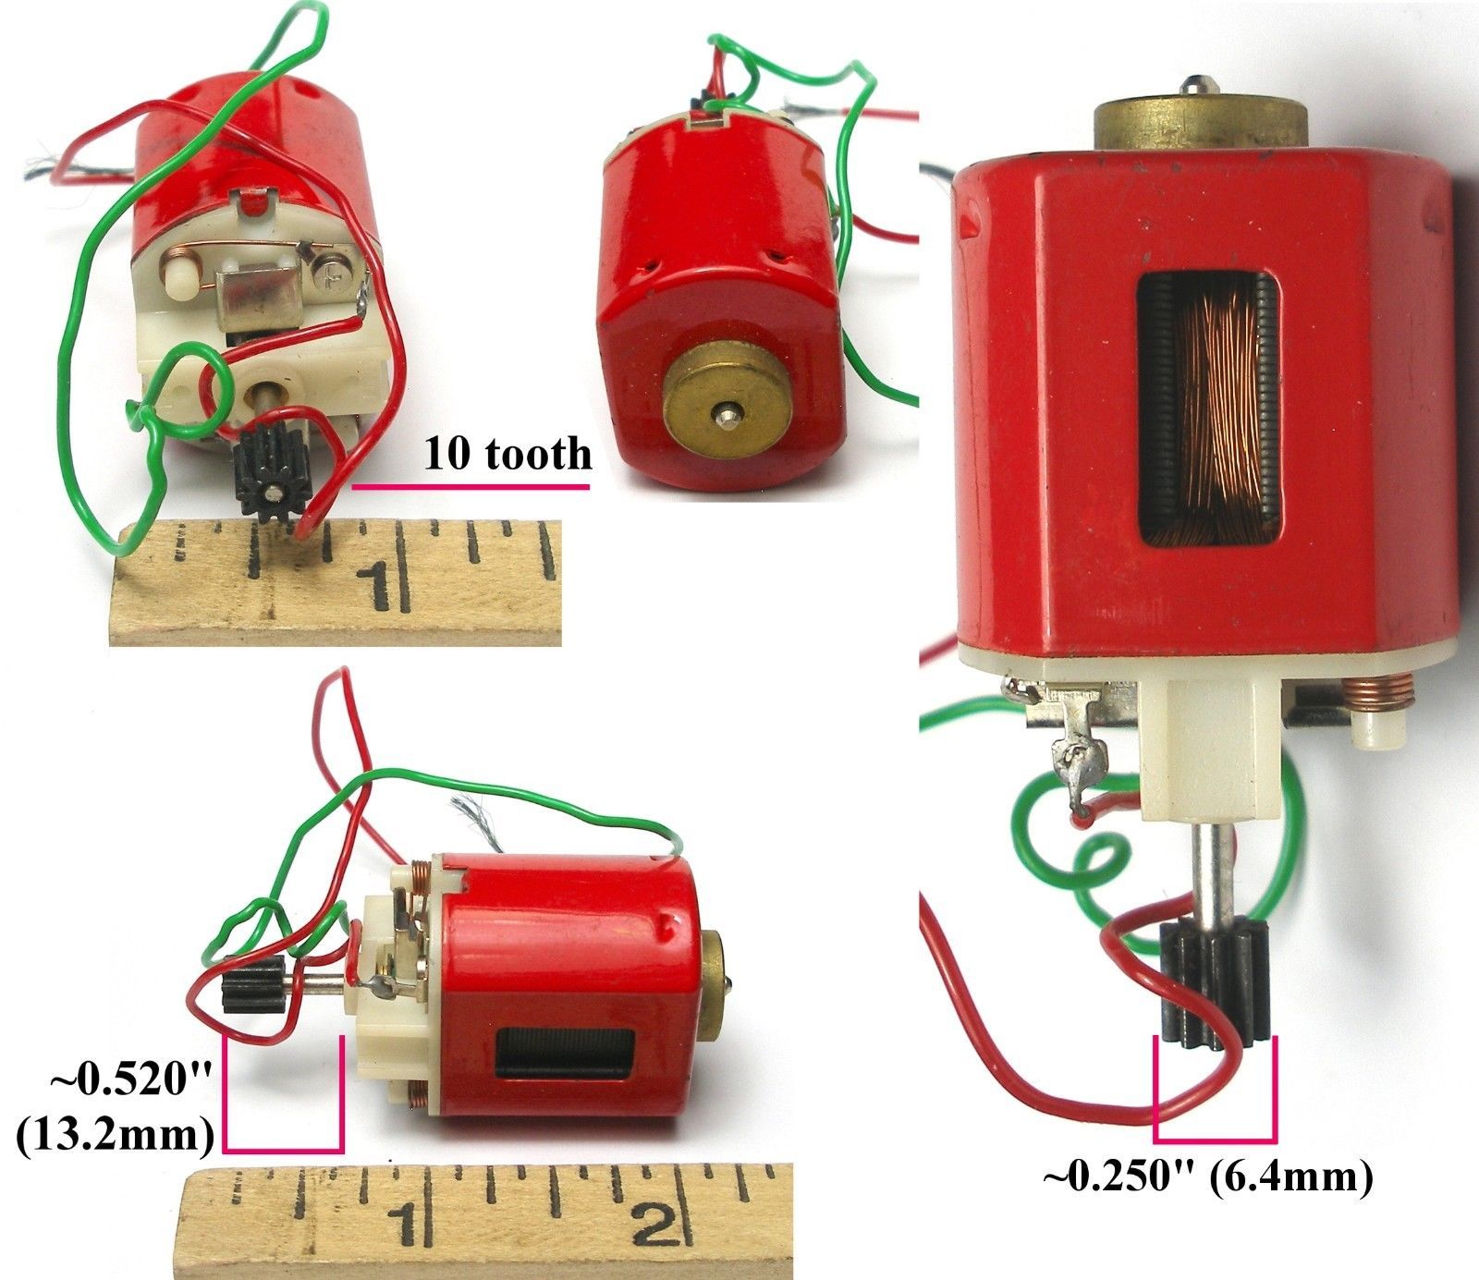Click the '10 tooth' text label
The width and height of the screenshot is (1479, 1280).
(507, 454)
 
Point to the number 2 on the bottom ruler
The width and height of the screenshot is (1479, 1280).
(658, 1231)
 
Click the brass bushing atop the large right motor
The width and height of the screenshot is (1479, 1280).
(1200, 120)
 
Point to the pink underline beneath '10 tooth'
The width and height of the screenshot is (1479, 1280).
(470, 484)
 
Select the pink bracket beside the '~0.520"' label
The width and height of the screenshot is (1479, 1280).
(284, 1149)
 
